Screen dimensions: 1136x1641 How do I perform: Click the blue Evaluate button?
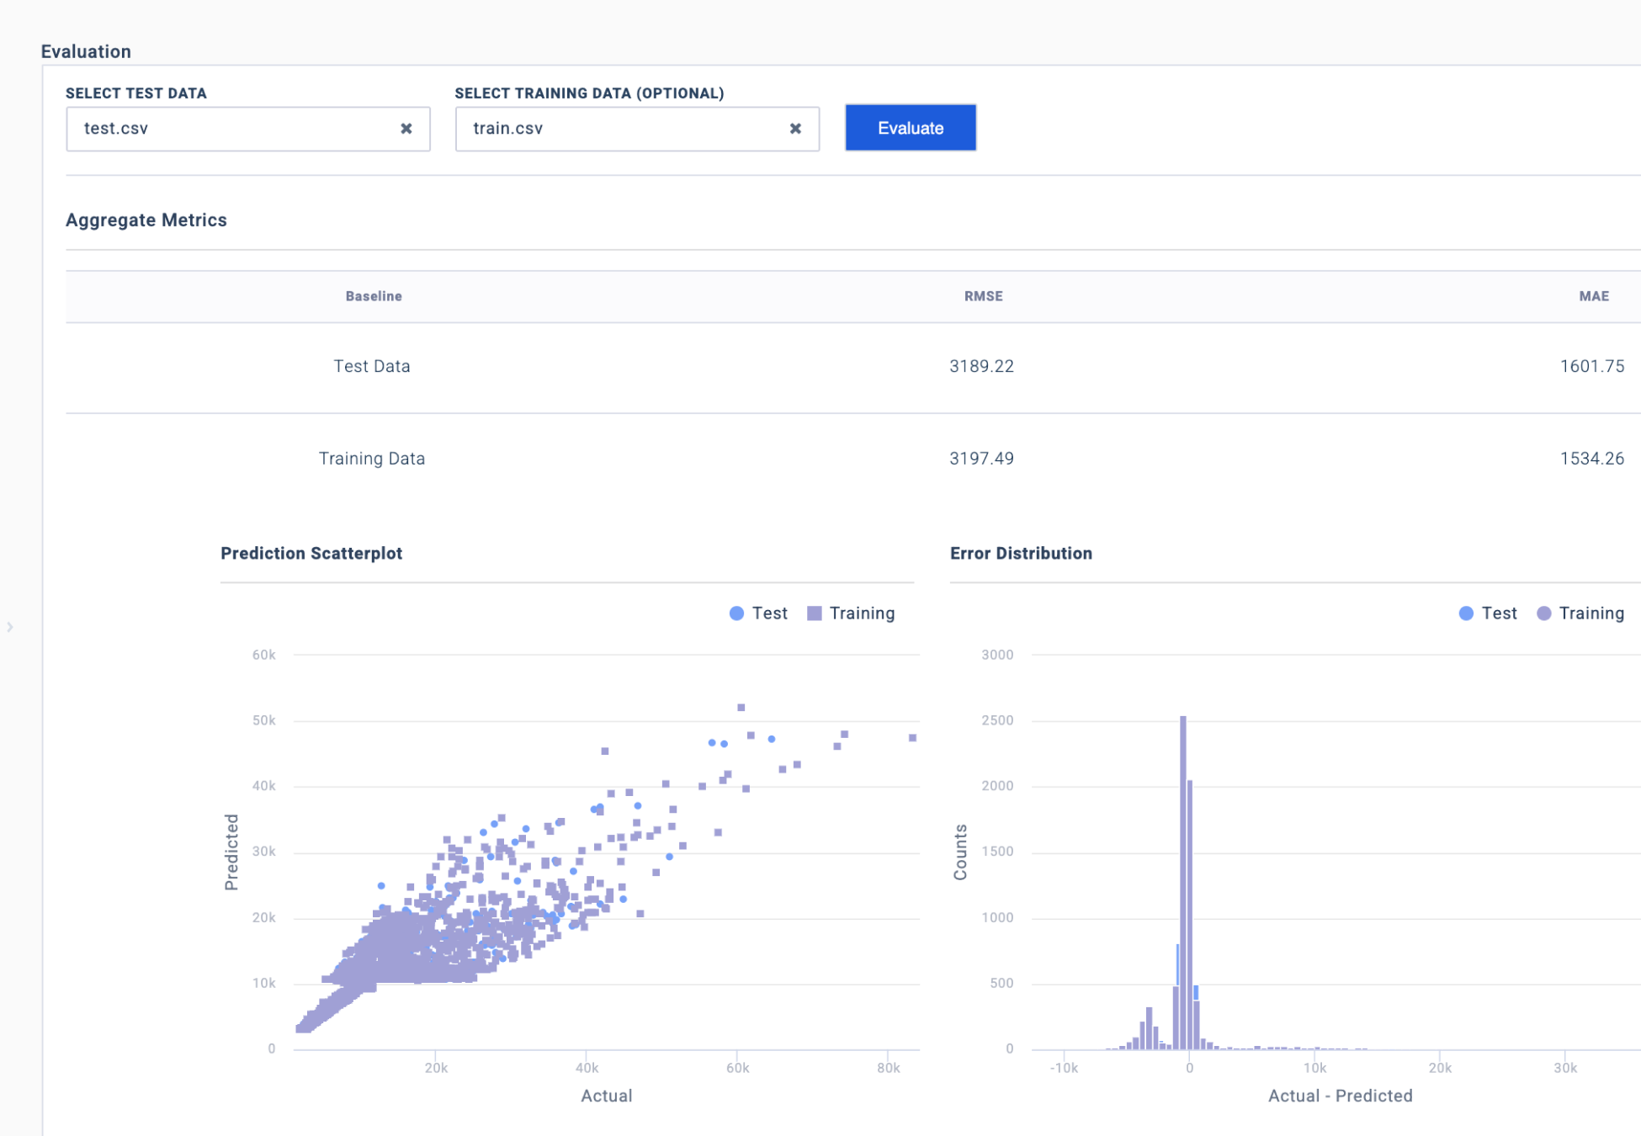910,128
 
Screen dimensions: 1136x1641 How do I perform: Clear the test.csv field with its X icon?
406,129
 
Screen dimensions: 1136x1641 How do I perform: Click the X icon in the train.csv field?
795,129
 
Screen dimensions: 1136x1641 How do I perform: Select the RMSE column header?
983,296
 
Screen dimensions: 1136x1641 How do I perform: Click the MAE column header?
1593,296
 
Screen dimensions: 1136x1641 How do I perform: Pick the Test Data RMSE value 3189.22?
981,366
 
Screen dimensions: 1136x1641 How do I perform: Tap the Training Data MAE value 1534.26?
1591,459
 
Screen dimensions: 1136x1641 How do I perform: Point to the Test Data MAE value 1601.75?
1591,366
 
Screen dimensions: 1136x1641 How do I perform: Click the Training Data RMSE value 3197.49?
981,459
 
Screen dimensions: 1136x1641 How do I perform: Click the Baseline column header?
374,296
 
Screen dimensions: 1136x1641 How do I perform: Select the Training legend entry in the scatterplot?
851,613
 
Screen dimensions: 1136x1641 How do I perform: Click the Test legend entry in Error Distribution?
1488,613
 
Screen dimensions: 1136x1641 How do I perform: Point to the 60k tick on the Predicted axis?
263,655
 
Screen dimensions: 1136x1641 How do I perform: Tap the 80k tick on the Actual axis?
888,1068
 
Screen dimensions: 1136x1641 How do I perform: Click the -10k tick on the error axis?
1064,1068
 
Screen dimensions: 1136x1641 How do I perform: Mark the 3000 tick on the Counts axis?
997,655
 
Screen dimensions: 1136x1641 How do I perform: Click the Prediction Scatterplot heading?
311,554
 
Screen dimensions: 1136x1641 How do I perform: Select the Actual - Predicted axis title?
1340,1096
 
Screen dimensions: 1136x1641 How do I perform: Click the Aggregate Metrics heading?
146,220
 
